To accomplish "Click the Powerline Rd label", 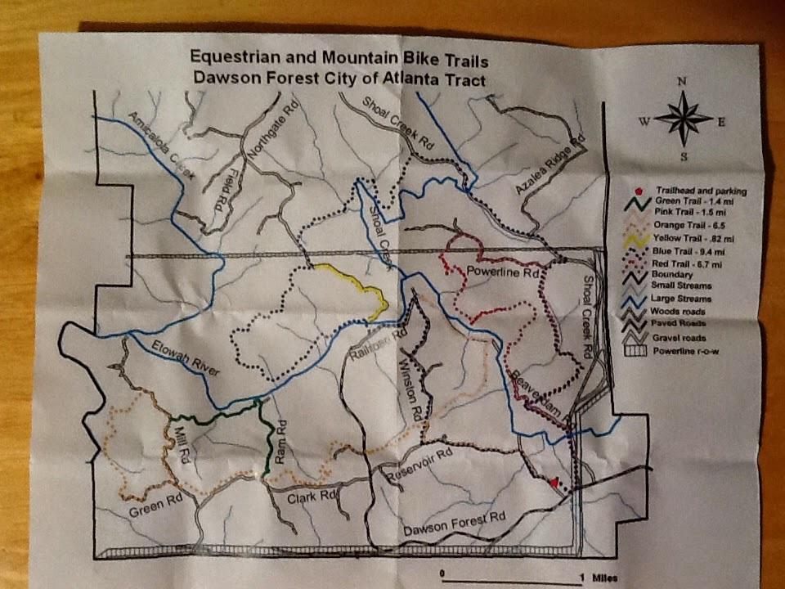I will [x=504, y=272].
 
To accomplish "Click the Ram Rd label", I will [x=281, y=438].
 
